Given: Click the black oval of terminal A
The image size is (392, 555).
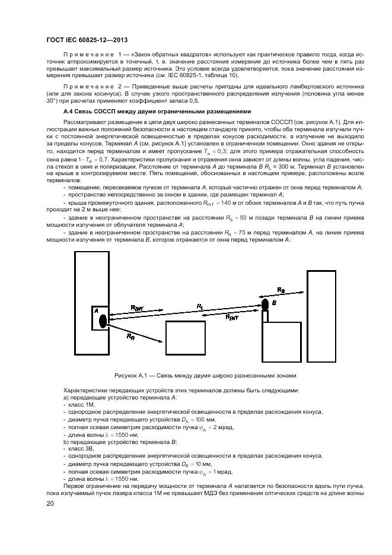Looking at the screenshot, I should pos(103,321).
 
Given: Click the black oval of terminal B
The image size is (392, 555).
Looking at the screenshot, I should pos(265,305).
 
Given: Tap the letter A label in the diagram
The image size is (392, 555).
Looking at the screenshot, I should pos(95,310).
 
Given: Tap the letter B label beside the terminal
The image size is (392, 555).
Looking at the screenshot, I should pos(274,303).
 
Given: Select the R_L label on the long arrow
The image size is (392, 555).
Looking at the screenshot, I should pos(200,306).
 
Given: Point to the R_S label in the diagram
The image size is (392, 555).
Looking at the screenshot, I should pos(281,290).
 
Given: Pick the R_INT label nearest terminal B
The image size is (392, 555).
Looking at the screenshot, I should pos(233,318).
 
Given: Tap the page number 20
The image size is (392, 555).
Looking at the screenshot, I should pos(50,503).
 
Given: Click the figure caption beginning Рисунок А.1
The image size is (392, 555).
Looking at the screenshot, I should pos(205,376).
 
